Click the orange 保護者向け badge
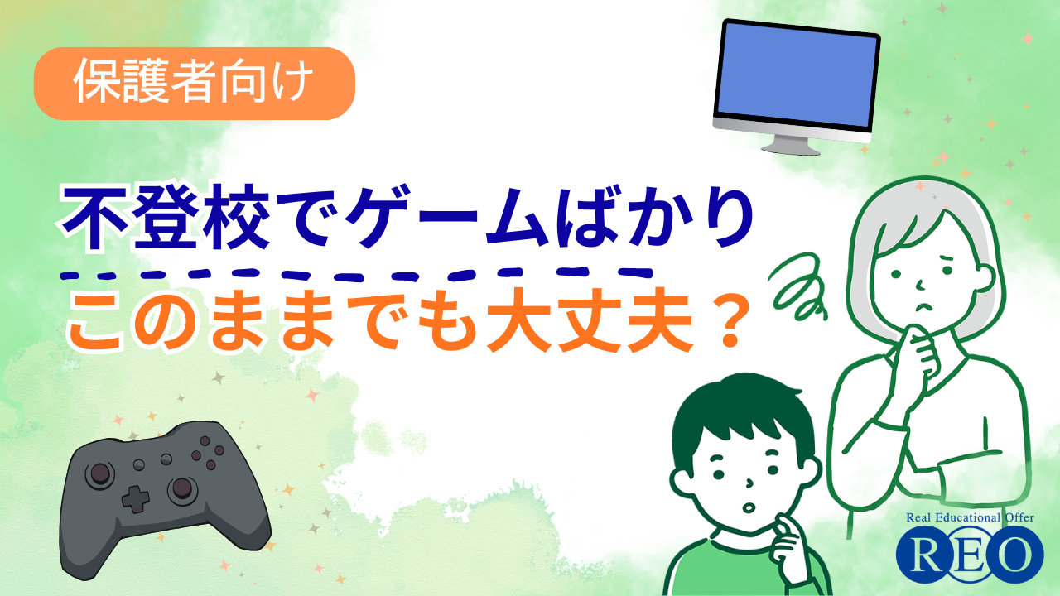point(195,84)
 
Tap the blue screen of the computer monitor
point(797,74)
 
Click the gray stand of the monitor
point(791,144)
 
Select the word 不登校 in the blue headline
point(165,219)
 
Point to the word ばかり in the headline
point(655,219)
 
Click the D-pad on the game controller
point(136,499)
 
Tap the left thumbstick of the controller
point(100,473)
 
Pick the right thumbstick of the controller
point(181,488)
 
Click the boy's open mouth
point(748,508)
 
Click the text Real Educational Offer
point(970,517)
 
